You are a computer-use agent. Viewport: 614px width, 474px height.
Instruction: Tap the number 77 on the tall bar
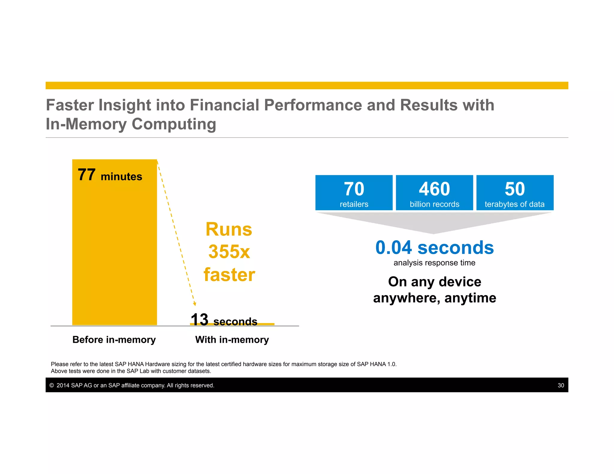pyautogui.click(x=87, y=175)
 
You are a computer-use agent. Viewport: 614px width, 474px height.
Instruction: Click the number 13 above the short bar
pyautogui.click(x=199, y=319)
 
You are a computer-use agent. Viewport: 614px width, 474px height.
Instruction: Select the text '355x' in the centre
pyautogui.click(x=229, y=252)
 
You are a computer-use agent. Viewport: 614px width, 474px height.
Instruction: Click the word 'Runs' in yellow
pyautogui.click(x=229, y=230)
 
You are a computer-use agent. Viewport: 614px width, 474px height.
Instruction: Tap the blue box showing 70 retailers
pyautogui.click(x=354, y=193)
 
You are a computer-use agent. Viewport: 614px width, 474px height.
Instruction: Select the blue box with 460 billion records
pyautogui.click(x=434, y=193)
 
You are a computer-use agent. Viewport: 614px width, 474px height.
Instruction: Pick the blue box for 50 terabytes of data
pyautogui.click(x=515, y=193)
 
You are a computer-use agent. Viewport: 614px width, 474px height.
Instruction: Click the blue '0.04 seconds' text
pyautogui.click(x=434, y=248)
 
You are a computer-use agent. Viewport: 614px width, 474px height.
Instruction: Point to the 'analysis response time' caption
pyautogui.click(x=434, y=263)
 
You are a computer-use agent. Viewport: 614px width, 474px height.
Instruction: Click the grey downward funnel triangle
pyautogui.click(x=434, y=221)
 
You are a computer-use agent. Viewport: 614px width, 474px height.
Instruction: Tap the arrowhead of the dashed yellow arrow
pyautogui.click(x=195, y=304)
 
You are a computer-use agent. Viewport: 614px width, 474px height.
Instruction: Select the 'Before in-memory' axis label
pyautogui.click(x=114, y=340)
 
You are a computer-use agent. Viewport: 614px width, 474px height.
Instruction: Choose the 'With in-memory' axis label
pyautogui.click(x=232, y=340)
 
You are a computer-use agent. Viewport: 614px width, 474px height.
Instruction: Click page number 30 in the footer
pyautogui.click(x=561, y=385)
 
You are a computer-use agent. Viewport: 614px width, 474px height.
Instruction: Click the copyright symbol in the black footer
pyautogui.click(x=52, y=385)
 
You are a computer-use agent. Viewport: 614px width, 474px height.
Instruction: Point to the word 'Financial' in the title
pyautogui.click(x=224, y=105)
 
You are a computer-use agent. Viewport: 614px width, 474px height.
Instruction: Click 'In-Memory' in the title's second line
pyautogui.click(x=86, y=124)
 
